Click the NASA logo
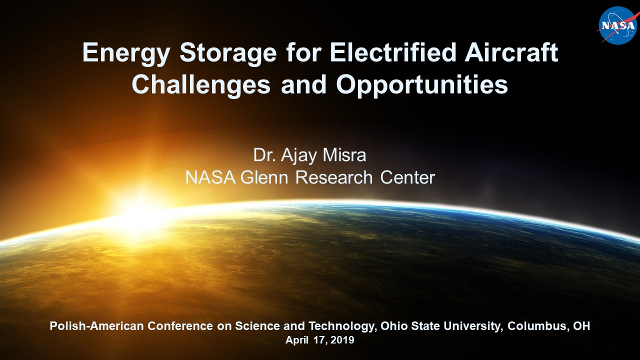coord(617,25)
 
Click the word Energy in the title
coord(126,53)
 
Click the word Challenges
coord(201,85)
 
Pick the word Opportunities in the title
coord(422,85)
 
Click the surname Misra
coord(344,155)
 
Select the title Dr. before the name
coord(264,155)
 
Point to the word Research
coord(334,177)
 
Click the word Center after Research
coord(407,177)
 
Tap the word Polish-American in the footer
coord(96,326)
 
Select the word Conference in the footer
coord(180,326)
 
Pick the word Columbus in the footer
coord(538,326)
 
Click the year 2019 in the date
coord(342,340)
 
